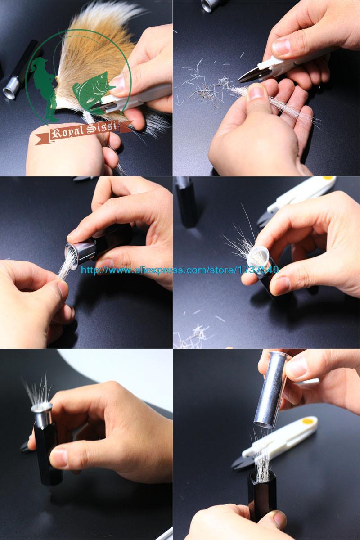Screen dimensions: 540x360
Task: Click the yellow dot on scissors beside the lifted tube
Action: point(307,422)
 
